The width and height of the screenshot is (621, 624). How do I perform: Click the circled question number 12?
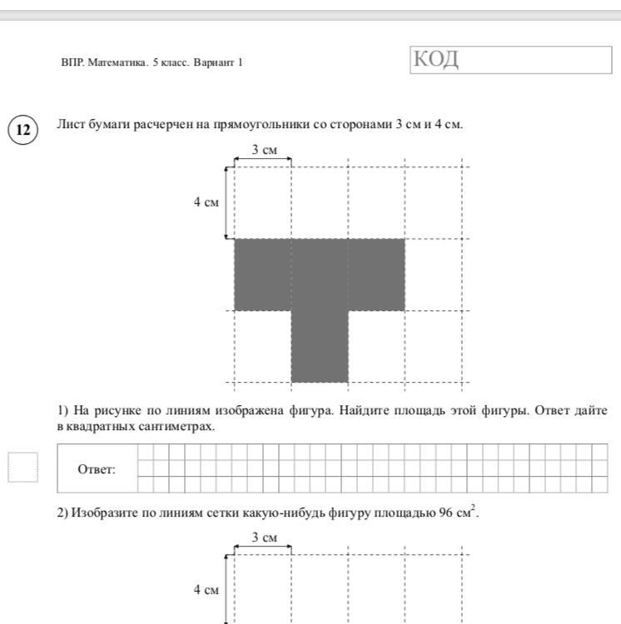coord(23,131)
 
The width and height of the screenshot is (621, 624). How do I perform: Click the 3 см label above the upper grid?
coord(264,150)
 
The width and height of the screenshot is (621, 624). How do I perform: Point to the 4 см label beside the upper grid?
coord(207,202)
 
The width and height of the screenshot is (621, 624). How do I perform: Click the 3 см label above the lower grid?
coord(264,538)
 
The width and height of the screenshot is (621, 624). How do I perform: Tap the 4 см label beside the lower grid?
coord(207,591)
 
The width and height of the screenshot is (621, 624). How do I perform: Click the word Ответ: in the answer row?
coord(97,469)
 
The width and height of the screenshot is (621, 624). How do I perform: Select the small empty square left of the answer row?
coord(22,468)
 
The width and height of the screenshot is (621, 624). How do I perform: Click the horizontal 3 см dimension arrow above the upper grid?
coord(263,163)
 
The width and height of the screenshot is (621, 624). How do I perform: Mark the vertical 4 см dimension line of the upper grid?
coord(226,202)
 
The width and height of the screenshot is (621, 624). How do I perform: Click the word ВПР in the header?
coord(70,62)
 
